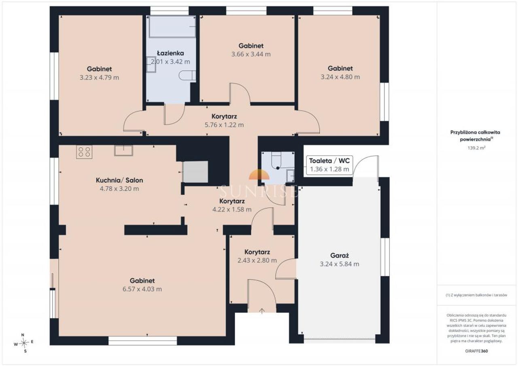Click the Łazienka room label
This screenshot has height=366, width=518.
[x=170, y=53]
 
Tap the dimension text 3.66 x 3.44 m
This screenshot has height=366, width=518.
[x=251, y=54]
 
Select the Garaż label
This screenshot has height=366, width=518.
[x=340, y=256]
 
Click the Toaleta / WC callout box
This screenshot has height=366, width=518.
[x=329, y=165]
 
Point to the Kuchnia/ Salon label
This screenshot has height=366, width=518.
[x=119, y=180]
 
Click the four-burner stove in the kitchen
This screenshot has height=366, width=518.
[x=84, y=152]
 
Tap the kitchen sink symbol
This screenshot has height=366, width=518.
[x=123, y=150]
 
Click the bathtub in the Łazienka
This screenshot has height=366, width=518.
[x=172, y=27]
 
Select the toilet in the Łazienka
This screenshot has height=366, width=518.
[x=187, y=76]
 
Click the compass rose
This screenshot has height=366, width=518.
[x=24, y=343]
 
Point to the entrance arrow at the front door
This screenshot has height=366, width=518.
[x=262, y=311]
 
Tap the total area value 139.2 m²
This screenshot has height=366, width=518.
[x=476, y=148]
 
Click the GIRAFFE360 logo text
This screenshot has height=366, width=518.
[x=476, y=351]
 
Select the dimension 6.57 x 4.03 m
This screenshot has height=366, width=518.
[x=142, y=289]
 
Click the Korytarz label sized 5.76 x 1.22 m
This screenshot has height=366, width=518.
[x=224, y=116]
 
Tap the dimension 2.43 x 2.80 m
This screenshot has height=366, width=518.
[x=257, y=260]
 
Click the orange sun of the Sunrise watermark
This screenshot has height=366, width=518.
[x=259, y=174]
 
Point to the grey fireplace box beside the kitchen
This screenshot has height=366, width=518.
[x=195, y=172]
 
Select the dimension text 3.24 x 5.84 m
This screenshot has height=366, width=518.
[x=340, y=264]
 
